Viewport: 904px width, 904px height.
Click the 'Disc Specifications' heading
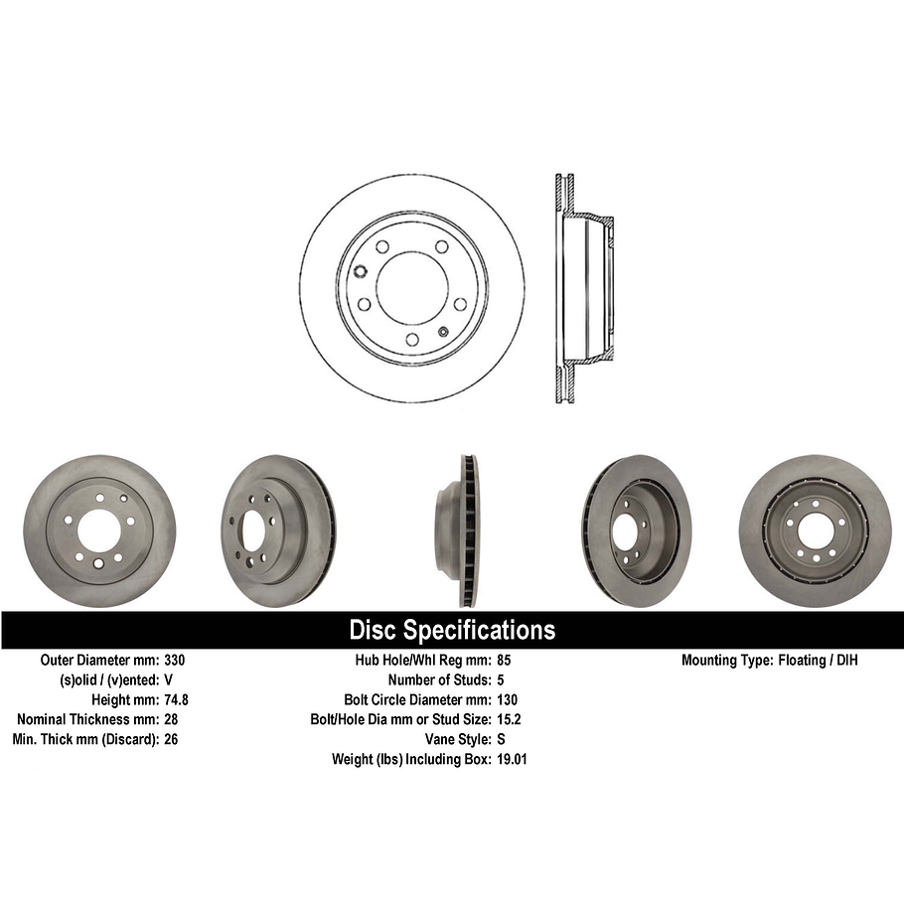pyautogui.click(x=452, y=630)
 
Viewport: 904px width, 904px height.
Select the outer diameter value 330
pyautogui.click(x=175, y=660)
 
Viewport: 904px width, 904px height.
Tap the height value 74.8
pyautogui.click(x=176, y=699)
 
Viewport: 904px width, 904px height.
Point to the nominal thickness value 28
pyautogui.click(x=171, y=719)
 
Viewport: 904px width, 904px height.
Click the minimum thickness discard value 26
pyautogui.click(x=171, y=739)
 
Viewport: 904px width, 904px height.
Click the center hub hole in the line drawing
pyautogui.click(x=412, y=288)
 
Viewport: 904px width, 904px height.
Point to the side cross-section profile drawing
pyautogui.click(x=582, y=288)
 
